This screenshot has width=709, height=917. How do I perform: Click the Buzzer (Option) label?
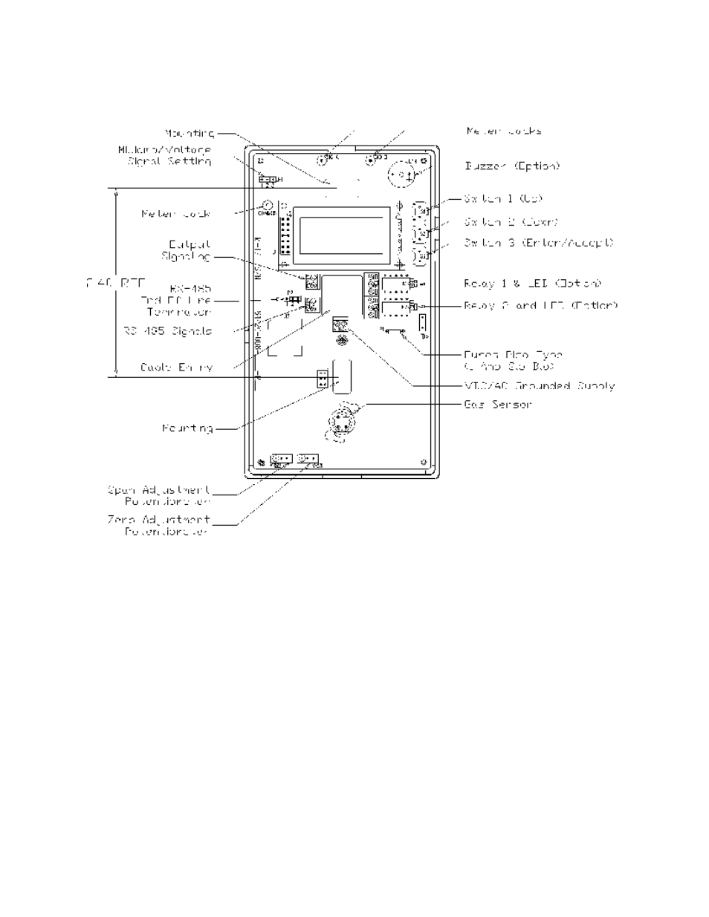pos(511,166)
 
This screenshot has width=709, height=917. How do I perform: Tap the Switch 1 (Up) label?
pos(503,199)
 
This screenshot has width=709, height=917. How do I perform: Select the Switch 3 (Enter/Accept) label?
pos(539,243)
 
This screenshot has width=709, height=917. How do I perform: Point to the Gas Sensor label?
pos(497,405)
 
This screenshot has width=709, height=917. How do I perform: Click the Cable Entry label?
pos(176,368)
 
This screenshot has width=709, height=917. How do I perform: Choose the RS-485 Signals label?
pos(167,331)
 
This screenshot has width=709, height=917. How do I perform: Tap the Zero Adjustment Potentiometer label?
pos(158,526)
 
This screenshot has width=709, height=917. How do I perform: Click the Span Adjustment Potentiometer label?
pos(159,496)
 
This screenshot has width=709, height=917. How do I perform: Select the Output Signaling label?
pos(186,250)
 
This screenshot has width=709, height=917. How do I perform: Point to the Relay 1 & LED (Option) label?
pos(532,284)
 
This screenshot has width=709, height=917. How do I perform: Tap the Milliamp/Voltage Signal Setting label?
pos(164,155)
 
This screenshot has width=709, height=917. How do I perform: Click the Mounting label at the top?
pos(190,134)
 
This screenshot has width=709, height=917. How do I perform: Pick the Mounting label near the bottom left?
pos(187,428)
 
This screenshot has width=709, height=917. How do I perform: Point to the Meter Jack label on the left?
pos(176,214)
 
